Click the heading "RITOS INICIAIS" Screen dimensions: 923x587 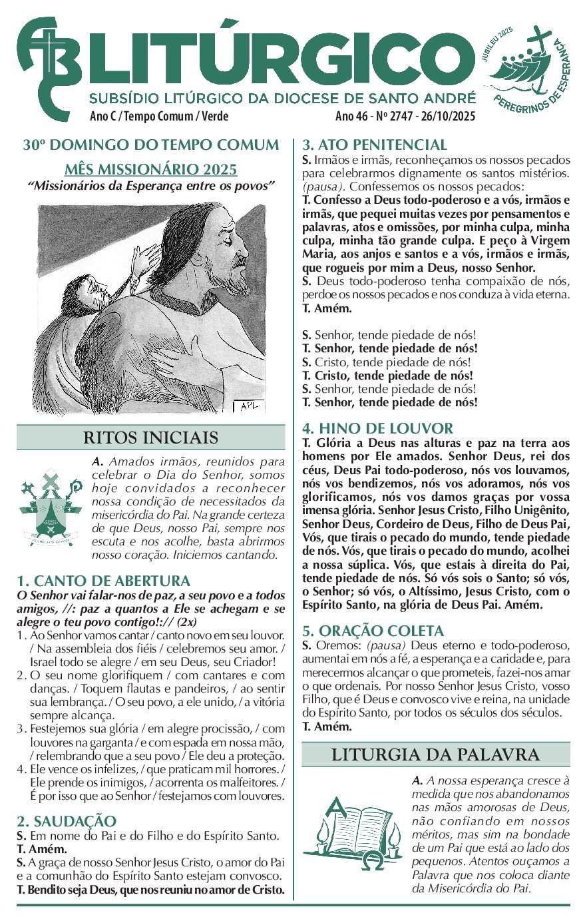tap(151, 438)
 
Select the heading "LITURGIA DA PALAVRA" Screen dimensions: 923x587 tap(435, 755)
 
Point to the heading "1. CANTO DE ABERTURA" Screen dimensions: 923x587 tap(104, 581)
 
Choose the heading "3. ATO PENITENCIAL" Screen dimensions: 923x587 tap(375, 145)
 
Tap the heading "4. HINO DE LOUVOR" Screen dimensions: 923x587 tap(377, 428)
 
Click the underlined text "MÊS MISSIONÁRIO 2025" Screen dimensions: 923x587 tap(151, 169)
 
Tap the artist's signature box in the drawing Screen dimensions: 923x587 tap(250, 406)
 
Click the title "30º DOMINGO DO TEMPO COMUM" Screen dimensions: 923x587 tap(151, 145)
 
